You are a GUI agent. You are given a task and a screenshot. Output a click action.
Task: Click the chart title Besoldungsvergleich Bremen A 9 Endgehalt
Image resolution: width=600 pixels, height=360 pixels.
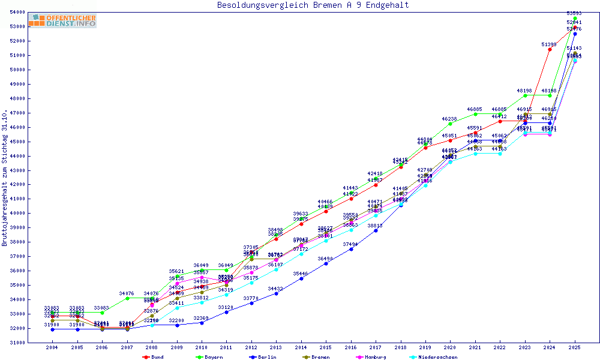(x=313, y=5)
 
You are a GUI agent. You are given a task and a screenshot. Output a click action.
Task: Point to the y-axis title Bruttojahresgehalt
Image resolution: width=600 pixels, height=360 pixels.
(x=5, y=178)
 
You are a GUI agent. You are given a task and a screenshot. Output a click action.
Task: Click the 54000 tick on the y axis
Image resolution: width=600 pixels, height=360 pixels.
(x=17, y=12)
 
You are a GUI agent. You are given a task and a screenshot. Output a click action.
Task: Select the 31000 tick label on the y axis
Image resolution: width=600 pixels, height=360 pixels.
(x=17, y=343)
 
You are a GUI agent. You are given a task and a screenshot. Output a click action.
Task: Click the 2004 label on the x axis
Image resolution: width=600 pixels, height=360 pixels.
(x=52, y=347)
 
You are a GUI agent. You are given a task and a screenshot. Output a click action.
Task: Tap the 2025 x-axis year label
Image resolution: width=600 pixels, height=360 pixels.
(x=575, y=347)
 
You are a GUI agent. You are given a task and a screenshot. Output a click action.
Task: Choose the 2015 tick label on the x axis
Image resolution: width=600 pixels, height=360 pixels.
(x=326, y=347)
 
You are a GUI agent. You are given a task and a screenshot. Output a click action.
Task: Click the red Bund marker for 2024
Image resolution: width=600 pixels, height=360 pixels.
(x=550, y=49)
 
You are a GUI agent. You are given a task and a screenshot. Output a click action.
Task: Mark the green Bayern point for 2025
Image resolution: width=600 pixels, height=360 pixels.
(x=575, y=18)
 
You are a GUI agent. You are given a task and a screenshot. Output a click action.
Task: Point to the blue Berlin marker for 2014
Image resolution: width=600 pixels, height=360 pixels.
(x=301, y=278)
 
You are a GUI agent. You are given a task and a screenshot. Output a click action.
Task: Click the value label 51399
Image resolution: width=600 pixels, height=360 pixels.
(x=549, y=44)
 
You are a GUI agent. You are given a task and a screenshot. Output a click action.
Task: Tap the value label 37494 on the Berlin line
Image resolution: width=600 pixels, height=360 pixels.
(x=351, y=244)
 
